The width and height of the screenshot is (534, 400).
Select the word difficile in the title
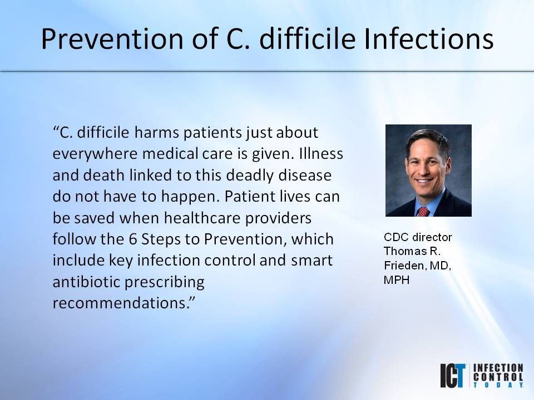(x=308, y=38)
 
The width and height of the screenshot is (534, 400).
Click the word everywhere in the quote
(x=95, y=154)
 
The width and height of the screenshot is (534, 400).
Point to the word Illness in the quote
(x=321, y=153)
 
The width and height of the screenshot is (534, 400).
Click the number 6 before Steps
(x=133, y=239)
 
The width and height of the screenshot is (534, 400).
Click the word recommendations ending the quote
(x=121, y=303)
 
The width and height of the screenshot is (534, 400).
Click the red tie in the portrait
(x=423, y=212)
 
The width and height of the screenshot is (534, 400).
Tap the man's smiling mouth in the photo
(x=424, y=181)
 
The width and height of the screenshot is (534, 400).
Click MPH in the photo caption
(x=397, y=280)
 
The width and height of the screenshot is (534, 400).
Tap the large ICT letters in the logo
(x=453, y=376)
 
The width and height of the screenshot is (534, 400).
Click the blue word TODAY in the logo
(x=498, y=384)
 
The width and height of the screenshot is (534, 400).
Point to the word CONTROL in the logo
(x=498, y=377)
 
